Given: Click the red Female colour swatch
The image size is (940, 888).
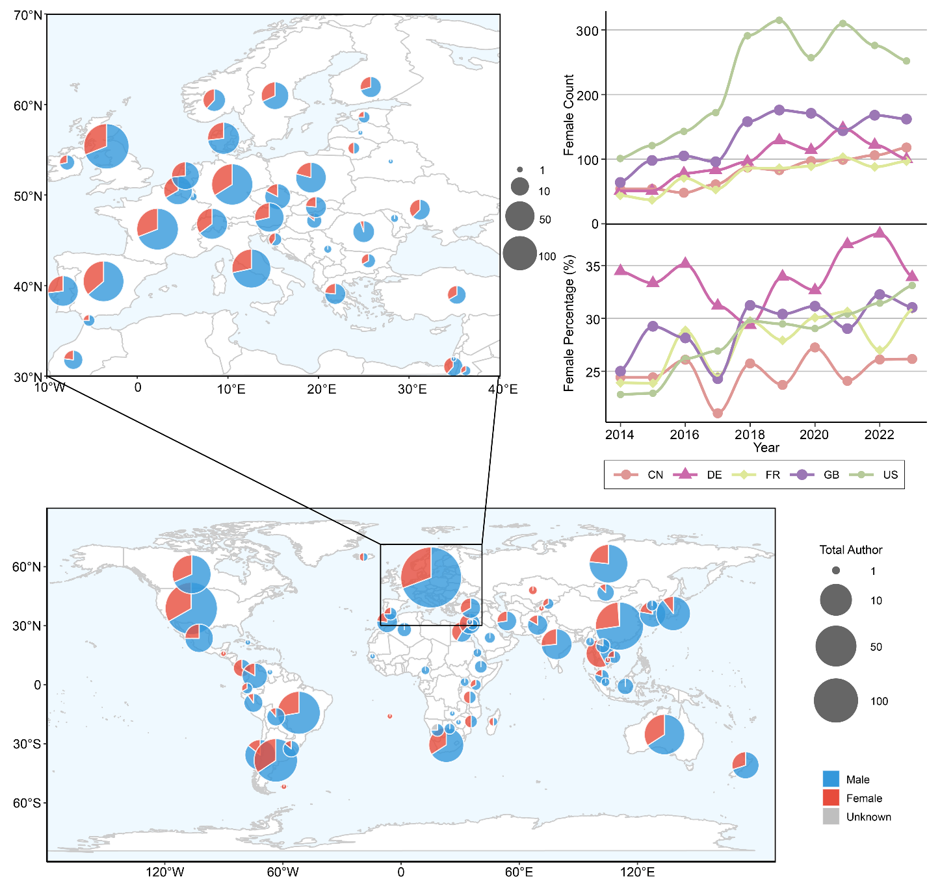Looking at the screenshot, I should [831, 798].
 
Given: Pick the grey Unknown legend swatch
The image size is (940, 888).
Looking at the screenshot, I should [831, 817].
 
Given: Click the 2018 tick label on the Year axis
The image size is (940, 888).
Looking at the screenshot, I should [750, 435].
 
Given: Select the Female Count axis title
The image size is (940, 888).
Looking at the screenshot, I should [569, 115].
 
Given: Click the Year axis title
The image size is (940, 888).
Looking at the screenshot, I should [766, 448].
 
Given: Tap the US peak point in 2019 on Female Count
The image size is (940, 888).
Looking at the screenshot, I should [779, 20].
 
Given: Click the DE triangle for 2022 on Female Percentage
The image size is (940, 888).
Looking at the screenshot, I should [880, 233].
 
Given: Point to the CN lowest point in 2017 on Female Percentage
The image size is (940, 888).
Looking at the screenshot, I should [718, 413].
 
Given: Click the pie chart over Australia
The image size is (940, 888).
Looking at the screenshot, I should [664, 734].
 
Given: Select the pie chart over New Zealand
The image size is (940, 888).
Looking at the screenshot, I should [745, 764].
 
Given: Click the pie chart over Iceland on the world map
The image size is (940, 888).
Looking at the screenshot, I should [364, 557].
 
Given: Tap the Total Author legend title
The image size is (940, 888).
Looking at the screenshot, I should [850, 550].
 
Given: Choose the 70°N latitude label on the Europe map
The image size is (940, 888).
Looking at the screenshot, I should [28, 14].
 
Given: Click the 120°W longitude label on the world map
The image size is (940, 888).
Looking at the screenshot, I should [164, 872].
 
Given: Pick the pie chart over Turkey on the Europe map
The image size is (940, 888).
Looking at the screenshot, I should [457, 294].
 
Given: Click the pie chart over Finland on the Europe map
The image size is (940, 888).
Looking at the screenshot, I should [371, 86].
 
